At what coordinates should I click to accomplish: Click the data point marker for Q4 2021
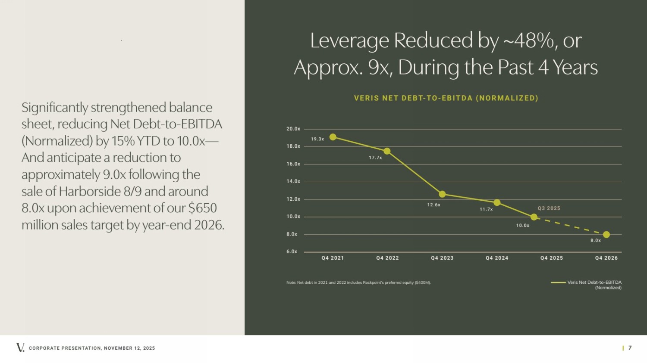(x=333, y=137)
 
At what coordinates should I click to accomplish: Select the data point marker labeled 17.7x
(x=387, y=151)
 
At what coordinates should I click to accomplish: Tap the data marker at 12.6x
(x=442, y=194)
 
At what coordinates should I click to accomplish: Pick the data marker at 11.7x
(x=497, y=202)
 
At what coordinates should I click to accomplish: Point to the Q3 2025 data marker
(x=534, y=217)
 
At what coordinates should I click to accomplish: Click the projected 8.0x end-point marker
(x=606, y=235)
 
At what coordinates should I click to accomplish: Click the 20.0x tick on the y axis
(x=293, y=129)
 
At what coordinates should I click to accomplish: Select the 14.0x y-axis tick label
(x=293, y=181)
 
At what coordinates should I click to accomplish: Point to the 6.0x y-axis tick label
(x=292, y=251)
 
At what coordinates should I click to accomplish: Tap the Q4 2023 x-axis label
(x=442, y=258)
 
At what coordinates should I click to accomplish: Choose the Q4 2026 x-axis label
(x=606, y=258)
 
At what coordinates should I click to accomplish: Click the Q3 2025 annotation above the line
(x=549, y=208)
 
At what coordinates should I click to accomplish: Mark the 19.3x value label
(x=317, y=139)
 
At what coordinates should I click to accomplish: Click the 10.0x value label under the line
(x=523, y=226)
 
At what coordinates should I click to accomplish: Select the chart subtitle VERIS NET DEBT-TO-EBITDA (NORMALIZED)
(x=446, y=98)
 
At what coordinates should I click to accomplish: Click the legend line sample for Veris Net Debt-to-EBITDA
(x=558, y=282)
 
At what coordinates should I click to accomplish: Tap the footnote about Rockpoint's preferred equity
(x=358, y=282)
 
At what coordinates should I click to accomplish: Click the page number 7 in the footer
(x=630, y=348)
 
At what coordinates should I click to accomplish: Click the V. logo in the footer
(x=20, y=347)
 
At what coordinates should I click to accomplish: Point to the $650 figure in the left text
(x=203, y=208)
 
